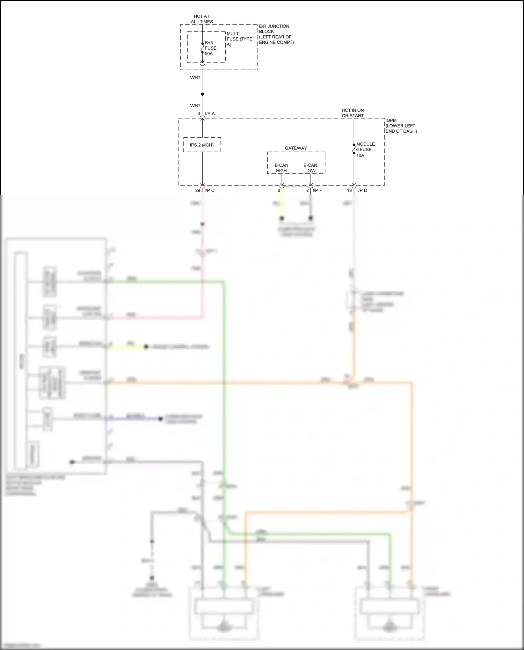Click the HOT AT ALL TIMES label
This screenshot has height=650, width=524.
click(x=202, y=19)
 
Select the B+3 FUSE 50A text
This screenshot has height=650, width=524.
click(x=210, y=48)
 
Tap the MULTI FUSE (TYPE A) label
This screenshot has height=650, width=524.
click(x=239, y=39)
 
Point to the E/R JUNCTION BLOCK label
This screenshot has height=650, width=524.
click(x=276, y=34)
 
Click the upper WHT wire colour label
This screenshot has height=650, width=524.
click(x=195, y=78)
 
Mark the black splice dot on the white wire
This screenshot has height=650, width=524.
click(x=202, y=94)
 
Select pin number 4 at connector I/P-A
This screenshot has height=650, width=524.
click(x=199, y=114)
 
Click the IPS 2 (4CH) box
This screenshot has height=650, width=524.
click(x=202, y=145)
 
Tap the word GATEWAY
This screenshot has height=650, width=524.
click(x=296, y=148)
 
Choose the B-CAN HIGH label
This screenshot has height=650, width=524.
click(x=281, y=168)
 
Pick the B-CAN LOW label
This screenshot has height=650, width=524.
click(x=310, y=168)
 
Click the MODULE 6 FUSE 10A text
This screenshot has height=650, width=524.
click(x=365, y=149)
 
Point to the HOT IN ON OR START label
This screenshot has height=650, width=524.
click(x=352, y=113)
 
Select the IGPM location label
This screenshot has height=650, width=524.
click(x=401, y=126)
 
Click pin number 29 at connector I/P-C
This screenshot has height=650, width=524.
click(x=198, y=190)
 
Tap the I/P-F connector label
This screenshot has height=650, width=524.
click(x=317, y=190)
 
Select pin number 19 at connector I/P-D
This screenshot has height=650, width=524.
click(x=349, y=190)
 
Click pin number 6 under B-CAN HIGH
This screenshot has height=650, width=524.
click(x=279, y=190)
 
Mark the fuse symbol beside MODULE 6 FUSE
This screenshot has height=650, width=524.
click(x=354, y=149)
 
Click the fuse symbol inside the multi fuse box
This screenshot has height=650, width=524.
click(x=202, y=48)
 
